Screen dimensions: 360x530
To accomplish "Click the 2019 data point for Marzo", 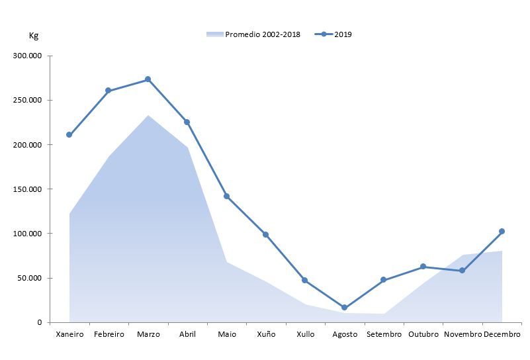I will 148,79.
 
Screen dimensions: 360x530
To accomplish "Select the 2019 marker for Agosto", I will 344,308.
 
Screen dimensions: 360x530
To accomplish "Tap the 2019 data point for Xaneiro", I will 69,135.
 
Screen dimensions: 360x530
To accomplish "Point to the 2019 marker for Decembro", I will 502,231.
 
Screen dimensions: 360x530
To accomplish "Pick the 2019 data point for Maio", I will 226,196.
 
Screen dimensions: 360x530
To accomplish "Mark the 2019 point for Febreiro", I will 109,91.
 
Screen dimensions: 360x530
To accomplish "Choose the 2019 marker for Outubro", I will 423,266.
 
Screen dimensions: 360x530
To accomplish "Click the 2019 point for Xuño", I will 265,234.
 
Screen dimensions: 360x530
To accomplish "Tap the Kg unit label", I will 34,35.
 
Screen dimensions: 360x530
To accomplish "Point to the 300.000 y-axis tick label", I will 28,56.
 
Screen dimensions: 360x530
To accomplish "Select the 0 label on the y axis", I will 40,322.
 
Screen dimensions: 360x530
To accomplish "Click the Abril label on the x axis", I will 187,334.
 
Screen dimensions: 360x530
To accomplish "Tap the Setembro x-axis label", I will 383,334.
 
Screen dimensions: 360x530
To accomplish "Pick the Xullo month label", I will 305,334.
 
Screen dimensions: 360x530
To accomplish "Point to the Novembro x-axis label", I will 463,334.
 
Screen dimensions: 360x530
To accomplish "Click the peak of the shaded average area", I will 148,116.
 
